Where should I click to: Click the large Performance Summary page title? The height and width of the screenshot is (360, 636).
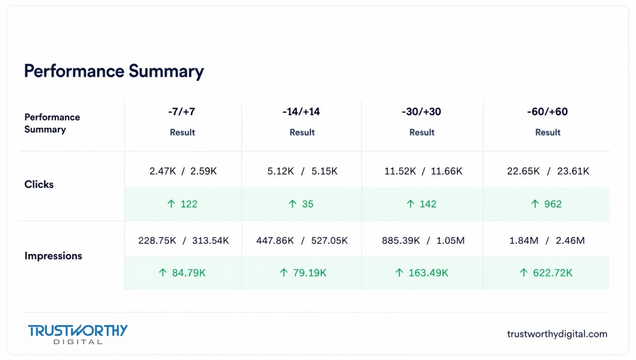point(114,71)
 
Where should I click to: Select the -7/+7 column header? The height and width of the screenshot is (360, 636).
point(182,112)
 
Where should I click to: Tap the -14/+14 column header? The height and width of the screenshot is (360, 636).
point(301,112)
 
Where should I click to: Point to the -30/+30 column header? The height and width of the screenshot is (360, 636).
point(421,112)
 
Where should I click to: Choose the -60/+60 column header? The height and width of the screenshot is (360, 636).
point(547,112)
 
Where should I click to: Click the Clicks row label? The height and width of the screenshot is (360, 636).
point(39,184)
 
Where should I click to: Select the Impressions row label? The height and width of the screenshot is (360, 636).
point(53,256)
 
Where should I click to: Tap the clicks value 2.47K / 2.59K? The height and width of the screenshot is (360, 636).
point(183,171)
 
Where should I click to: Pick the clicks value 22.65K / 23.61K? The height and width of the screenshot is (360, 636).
point(548,171)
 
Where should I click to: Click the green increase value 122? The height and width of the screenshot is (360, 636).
point(189,204)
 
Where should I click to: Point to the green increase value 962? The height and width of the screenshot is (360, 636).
point(553,204)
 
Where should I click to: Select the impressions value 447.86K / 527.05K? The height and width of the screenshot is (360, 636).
point(302,241)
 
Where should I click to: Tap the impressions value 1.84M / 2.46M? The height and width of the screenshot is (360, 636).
point(547,241)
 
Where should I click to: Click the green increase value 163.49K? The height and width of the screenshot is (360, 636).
point(428,273)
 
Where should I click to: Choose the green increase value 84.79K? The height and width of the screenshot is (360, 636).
point(189,273)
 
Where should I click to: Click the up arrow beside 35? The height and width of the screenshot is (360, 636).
point(293,204)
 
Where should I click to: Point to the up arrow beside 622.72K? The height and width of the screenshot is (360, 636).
point(523,273)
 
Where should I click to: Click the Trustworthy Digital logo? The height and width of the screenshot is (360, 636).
point(78,334)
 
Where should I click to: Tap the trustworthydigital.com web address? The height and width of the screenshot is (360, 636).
point(557,334)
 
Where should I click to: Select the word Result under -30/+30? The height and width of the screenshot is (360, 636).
point(422,132)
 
